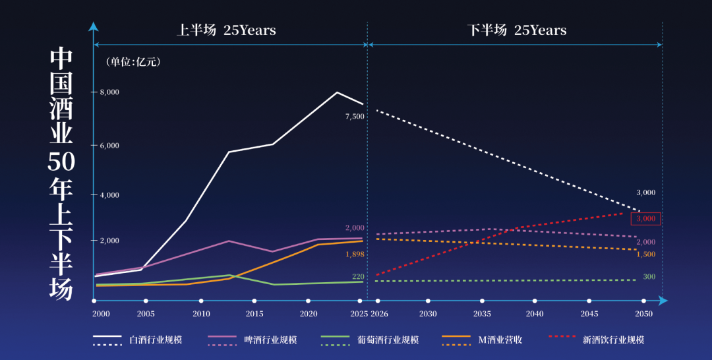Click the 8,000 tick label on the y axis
[109, 92]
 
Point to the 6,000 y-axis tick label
[109, 145]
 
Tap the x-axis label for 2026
[380, 314]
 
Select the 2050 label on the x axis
[643, 314]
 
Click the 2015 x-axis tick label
[254, 314]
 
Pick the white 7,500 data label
[355, 117]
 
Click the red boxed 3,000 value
[645, 218]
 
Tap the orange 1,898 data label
[355, 254]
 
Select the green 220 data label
[358, 277]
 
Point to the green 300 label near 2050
[649, 277]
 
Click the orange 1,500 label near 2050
[645, 255]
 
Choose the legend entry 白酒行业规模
[156, 340]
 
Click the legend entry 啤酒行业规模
[270, 340]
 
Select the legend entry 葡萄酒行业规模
[388, 340]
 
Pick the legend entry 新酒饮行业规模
[613, 340]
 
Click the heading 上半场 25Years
[226, 30]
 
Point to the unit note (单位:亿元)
[133, 62]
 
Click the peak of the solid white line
[337, 92]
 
